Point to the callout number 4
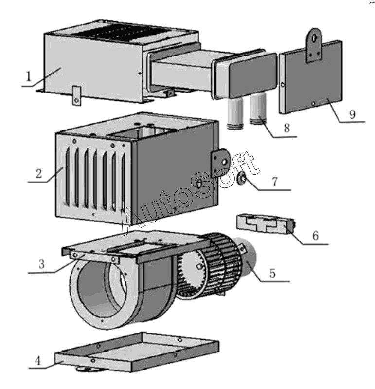tap(37, 361)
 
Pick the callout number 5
tap(272, 273)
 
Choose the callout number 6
tap(315, 235)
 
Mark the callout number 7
tap(274, 182)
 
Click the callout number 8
tap(286, 128)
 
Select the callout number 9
tap(351, 114)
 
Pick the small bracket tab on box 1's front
tap(76, 94)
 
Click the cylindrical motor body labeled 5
tap(250, 260)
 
